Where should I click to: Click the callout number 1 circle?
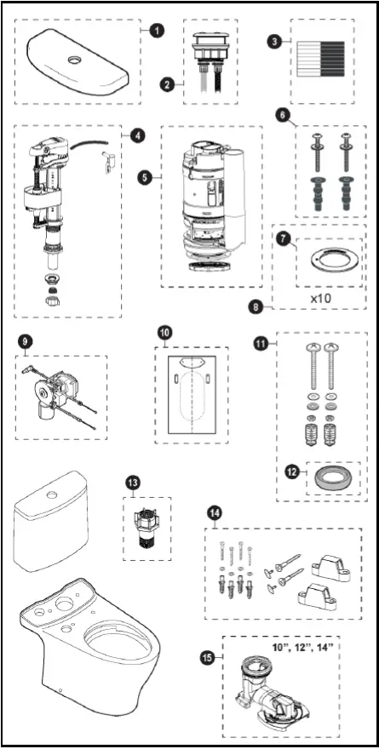click(x=156, y=29)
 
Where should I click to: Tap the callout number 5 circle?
click(x=145, y=178)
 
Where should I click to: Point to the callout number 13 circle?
click(x=133, y=483)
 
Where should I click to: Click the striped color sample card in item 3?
click(x=319, y=60)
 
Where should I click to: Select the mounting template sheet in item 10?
click(x=192, y=394)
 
